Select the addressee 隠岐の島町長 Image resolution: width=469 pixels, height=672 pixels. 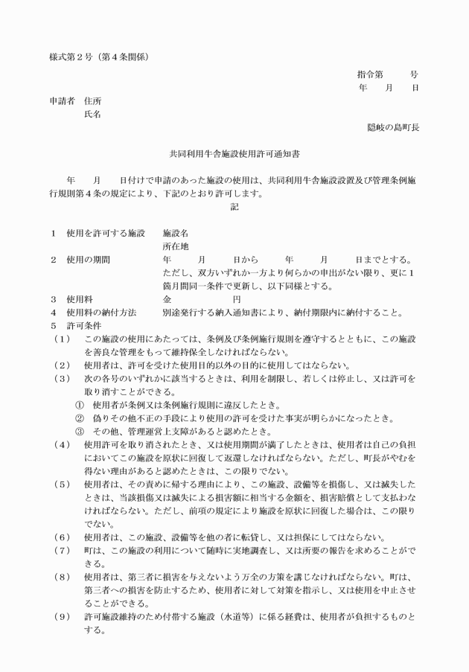coord(392,127)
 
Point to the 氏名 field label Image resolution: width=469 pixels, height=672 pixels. coord(92,114)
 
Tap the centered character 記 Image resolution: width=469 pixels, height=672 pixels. coord(234,208)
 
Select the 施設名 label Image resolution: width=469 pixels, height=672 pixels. coord(176,233)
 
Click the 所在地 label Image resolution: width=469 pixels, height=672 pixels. coord(176,246)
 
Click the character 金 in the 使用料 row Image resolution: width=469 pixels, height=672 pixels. coord(167,299)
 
